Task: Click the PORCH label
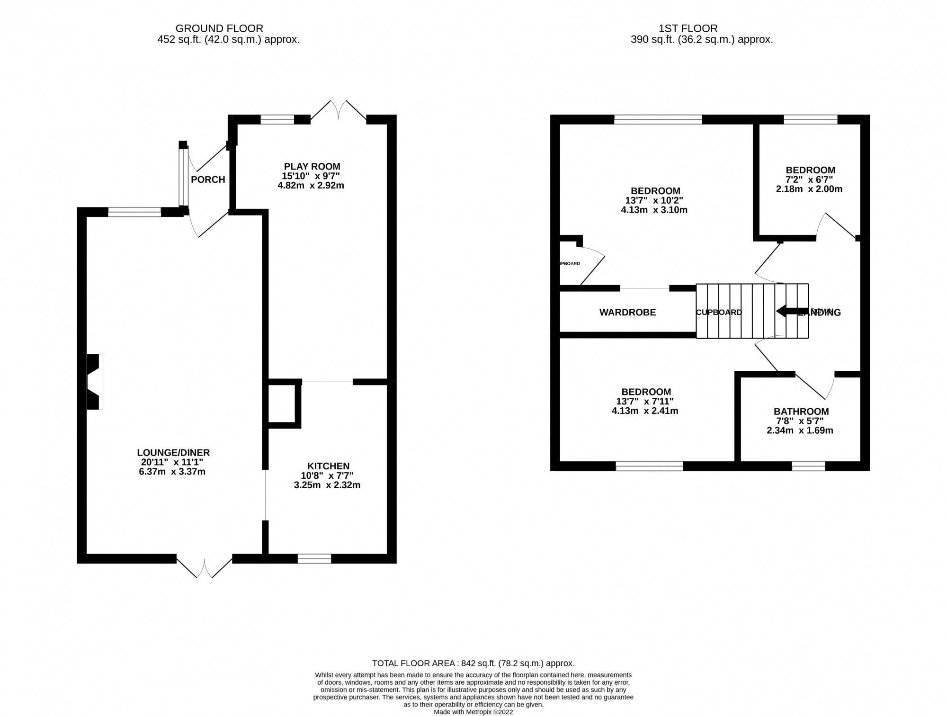pos(208,179)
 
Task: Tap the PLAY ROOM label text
pos(312,166)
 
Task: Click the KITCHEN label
pos(328,466)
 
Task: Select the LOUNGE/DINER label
pos(173,453)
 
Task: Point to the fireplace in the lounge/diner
pos(94,381)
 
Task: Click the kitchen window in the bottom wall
pos(314,559)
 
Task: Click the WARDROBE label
pos(627,313)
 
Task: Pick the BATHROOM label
pos(801,412)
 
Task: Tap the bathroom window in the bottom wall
pos(808,466)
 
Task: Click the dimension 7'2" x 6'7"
pos(810,179)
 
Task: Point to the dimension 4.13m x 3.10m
pos(654,210)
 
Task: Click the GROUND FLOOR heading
pos(219,28)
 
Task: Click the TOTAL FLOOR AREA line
pos(473,663)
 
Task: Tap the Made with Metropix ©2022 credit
pos(473,712)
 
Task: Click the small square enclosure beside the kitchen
pos(282,403)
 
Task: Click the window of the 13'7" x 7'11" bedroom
pos(649,466)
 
